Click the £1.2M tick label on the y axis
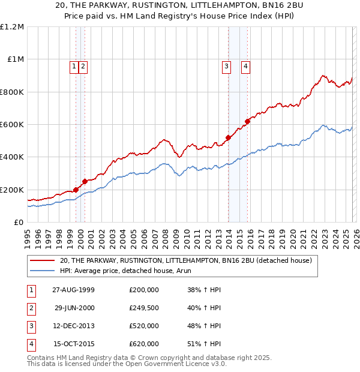pos(12,27)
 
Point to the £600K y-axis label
pos(12,125)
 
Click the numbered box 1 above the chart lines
pos(74,67)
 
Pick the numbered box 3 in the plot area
pos(226,67)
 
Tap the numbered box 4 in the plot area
pos(246,67)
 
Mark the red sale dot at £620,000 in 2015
pos(247,122)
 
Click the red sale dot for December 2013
pos(228,138)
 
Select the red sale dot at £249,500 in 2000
pos(85,181)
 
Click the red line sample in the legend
pos(42,261)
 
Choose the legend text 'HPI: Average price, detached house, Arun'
pos(125,271)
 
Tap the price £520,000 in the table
pos(144,326)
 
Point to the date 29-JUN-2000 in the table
pos(74,308)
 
